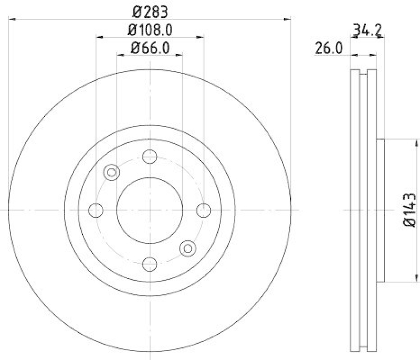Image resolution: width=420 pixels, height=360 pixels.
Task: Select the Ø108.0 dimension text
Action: [x=150, y=29]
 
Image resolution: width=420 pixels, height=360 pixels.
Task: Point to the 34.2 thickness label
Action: [x=366, y=30]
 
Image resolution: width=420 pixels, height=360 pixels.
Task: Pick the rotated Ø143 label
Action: [x=410, y=210]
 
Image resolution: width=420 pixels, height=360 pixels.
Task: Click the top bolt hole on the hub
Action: [x=150, y=156]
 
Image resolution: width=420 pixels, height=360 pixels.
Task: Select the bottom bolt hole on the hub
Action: [x=150, y=263]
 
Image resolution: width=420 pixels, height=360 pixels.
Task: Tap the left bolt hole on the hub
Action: [x=96, y=210]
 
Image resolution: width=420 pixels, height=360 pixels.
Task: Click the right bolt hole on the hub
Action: [x=204, y=210]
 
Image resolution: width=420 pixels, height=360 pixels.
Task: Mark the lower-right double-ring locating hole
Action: [x=187, y=248]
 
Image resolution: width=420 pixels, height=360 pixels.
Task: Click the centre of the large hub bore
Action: [x=150, y=210]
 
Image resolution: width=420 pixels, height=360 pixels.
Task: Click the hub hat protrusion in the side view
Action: [x=381, y=210]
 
